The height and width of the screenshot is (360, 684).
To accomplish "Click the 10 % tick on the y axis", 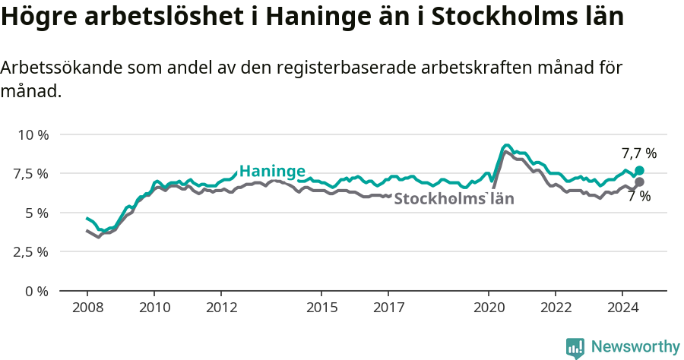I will [x=32, y=134].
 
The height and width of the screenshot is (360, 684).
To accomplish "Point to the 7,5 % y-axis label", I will [x=32, y=173].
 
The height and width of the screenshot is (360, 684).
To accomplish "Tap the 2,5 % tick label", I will [x=32, y=251].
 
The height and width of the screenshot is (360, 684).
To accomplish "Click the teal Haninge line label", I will [x=272, y=171].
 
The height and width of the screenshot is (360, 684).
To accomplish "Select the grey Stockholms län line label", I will [x=454, y=199].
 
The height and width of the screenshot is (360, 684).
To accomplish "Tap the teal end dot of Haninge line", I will [x=639, y=171].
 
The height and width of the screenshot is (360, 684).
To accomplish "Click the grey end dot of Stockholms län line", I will [x=639, y=182].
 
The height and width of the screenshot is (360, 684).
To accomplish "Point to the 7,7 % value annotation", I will [x=638, y=153].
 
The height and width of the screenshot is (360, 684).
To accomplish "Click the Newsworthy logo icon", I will [x=575, y=348].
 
